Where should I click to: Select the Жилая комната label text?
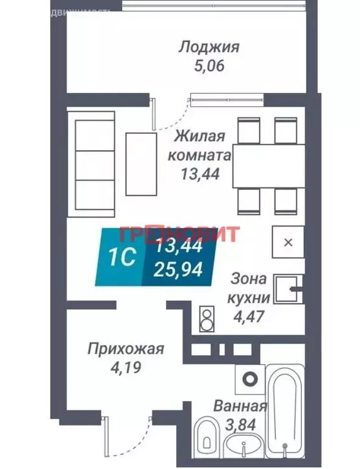tap(201, 145)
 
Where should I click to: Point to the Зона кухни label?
tap(248, 289)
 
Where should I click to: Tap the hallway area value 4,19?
tap(126, 368)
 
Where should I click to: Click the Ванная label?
tap(239, 407)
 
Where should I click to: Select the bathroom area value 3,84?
tap(239, 424)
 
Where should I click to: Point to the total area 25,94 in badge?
tap(179, 267)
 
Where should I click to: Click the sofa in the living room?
tap(93, 163)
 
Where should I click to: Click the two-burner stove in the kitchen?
tap(206, 318)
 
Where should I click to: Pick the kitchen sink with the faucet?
tap(287, 289)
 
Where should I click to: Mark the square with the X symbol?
tap(288, 242)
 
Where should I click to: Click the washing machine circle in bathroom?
tap(249, 379)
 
